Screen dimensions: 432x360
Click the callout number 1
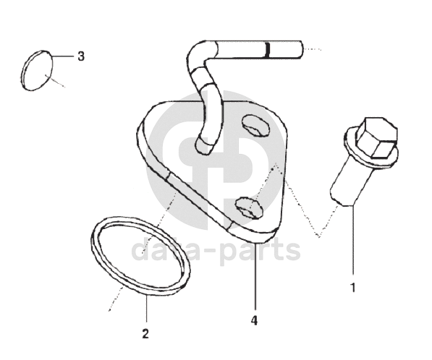[352, 288]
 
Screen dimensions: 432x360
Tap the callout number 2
[145, 333]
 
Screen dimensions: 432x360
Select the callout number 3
[81, 56]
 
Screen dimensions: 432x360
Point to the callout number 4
[254, 320]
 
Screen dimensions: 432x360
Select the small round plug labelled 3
[37, 70]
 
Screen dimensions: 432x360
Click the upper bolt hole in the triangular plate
[255, 126]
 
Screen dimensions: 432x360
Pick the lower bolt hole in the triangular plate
[249, 207]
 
